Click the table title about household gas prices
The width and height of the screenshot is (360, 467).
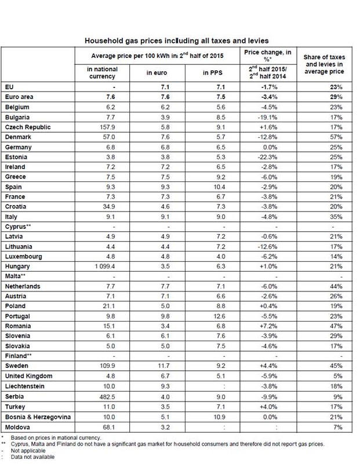(x=180, y=41)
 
